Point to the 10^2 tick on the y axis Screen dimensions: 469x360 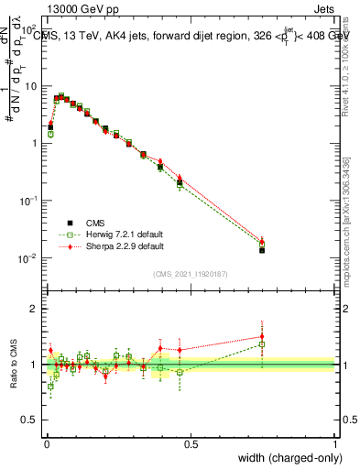point(30,28)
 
